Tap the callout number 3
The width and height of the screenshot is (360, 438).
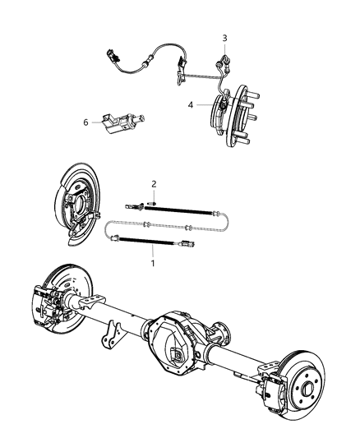click(x=224, y=39)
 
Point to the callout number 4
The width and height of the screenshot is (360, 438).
click(x=190, y=104)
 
